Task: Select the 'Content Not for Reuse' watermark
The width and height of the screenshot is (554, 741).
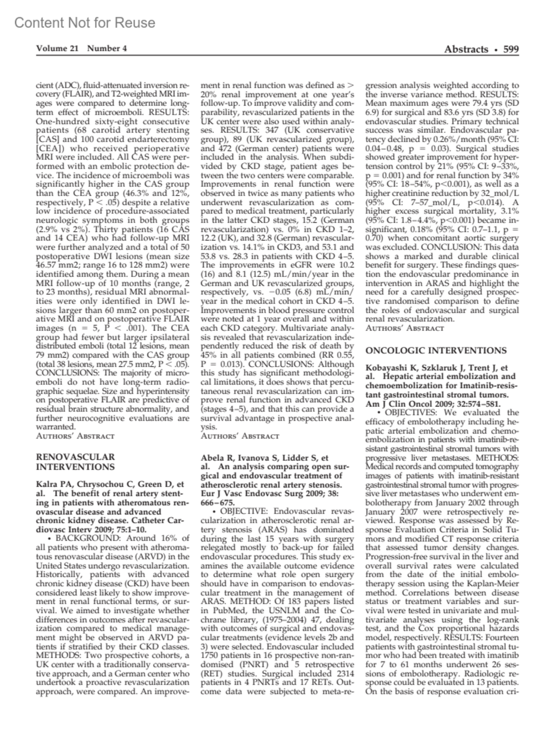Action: [x=84, y=23]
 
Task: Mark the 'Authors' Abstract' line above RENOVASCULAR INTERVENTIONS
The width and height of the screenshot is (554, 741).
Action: [x=75, y=436]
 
